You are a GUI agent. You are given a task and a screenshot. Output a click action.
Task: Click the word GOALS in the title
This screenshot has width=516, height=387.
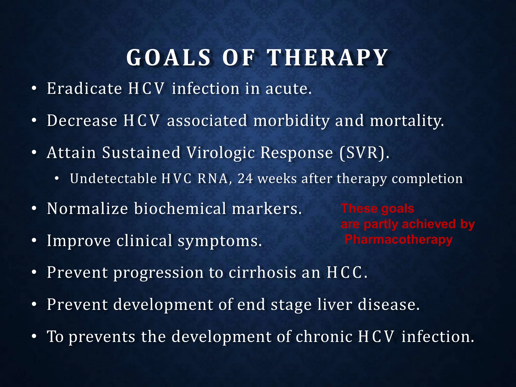(x=168, y=58)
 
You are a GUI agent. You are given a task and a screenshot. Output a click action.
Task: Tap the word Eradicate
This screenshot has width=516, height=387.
(x=84, y=89)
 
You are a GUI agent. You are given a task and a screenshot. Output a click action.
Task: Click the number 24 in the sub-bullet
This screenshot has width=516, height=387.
(x=245, y=179)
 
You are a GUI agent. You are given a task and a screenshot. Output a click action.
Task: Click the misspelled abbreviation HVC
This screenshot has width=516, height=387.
(x=176, y=179)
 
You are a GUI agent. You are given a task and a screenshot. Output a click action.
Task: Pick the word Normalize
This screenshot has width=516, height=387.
(x=87, y=209)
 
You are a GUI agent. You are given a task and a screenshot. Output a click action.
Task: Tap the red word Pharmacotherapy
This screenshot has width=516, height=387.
(x=398, y=239)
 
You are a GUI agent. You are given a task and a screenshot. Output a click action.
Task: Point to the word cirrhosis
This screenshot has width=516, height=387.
(x=262, y=273)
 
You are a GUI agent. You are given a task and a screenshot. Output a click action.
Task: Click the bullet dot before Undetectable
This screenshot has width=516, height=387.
(x=57, y=179)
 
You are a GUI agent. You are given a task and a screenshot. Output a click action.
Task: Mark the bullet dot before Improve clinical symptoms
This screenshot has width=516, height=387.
(x=34, y=241)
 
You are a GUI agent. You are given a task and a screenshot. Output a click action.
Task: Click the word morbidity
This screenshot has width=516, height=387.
(x=292, y=121)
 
